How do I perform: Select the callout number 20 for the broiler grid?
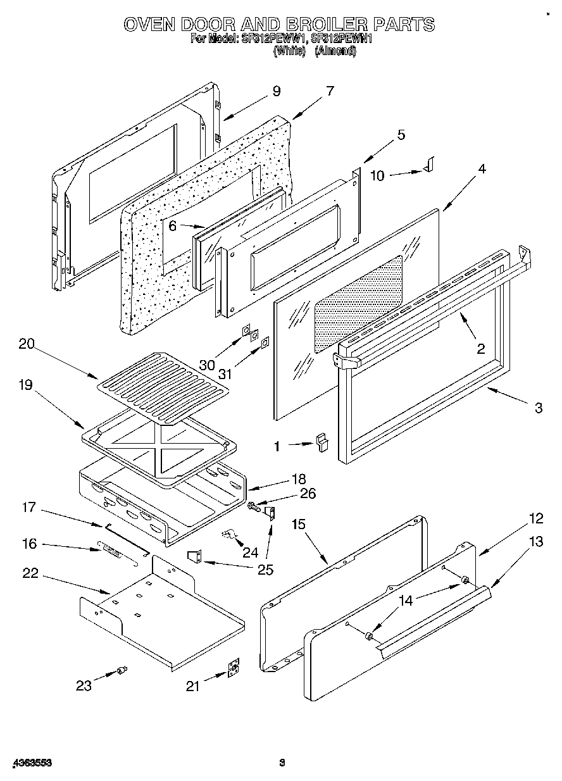point(26,344)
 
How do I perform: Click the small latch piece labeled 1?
point(323,440)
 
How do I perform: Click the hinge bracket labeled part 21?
point(234,669)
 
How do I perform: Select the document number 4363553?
point(26,763)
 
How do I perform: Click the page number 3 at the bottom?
point(282,763)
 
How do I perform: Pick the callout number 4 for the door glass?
point(482,169)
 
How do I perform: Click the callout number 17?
point(29,507)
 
